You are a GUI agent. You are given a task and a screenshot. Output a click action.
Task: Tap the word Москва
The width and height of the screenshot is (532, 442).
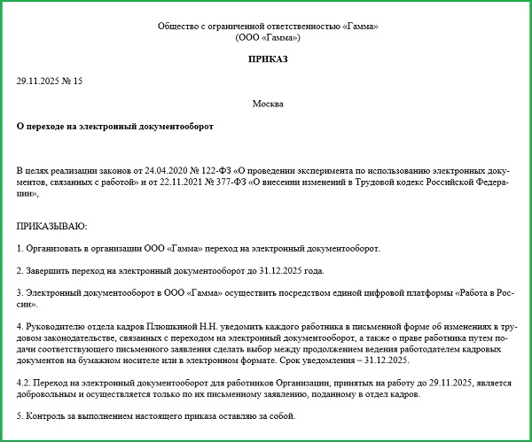[x=268, y=104]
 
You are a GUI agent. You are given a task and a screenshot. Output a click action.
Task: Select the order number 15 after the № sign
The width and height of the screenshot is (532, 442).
[x=77, y=81]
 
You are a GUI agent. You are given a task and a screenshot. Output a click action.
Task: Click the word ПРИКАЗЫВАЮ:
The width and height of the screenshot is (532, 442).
[x=52, y=226]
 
